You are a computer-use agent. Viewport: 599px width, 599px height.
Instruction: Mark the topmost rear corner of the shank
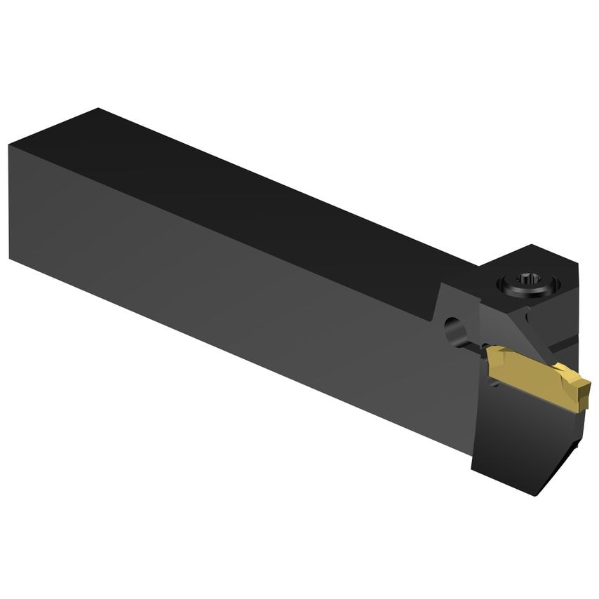(99, 109)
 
